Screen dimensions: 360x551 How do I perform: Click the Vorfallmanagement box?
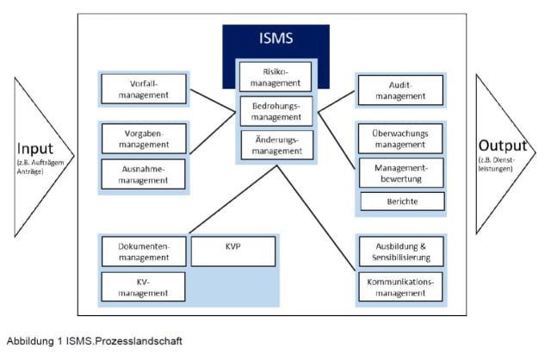click(143, 89)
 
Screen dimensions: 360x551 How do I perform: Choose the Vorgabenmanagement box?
click(143, 139)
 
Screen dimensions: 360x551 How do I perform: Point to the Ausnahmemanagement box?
click(143, 173)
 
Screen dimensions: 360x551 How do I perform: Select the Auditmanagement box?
click(399, 90)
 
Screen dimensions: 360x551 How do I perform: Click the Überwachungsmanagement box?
click(399, 139)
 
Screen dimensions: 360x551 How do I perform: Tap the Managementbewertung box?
click(399, 172)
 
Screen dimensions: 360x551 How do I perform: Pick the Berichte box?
click(399, 202)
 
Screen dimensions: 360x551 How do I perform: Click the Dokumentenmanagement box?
click(143, 251)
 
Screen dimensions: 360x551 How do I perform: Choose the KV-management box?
click(143, 286)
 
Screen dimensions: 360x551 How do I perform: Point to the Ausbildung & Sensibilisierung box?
click(399, 251)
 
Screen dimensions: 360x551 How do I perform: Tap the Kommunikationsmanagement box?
click(399, 286)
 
